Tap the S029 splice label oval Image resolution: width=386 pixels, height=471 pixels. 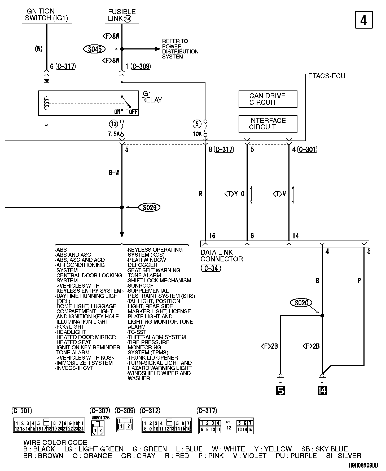[x=150, y=207]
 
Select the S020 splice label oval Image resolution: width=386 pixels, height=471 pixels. [x=301, y=302]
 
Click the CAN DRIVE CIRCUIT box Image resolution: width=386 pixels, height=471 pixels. [x=268, y=99]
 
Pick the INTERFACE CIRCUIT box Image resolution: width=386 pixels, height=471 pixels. [x=268, y=124]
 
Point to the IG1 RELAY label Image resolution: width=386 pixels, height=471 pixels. [x=151, y=97]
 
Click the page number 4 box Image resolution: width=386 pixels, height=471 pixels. [x=364, y=20]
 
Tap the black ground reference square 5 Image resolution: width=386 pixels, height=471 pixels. [x=280, y=391]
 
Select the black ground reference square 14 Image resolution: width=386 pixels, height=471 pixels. [x=322, y=391]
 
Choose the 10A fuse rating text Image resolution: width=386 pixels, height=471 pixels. [x=197, y=134]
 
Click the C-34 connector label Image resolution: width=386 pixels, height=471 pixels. [x=211, y=268]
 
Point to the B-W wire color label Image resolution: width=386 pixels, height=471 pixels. [x=114, y=173]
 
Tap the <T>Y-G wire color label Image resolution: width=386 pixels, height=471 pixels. [x=234, y=194]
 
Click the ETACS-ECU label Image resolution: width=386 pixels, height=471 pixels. [x=327, y=76]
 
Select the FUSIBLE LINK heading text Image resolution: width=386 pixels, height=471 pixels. [x=122, y=15]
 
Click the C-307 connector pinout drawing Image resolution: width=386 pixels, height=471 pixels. [x=98, y=429]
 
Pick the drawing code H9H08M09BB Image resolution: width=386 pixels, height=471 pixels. [x=363, y=465]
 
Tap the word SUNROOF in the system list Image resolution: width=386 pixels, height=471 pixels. [x=141, y=286]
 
